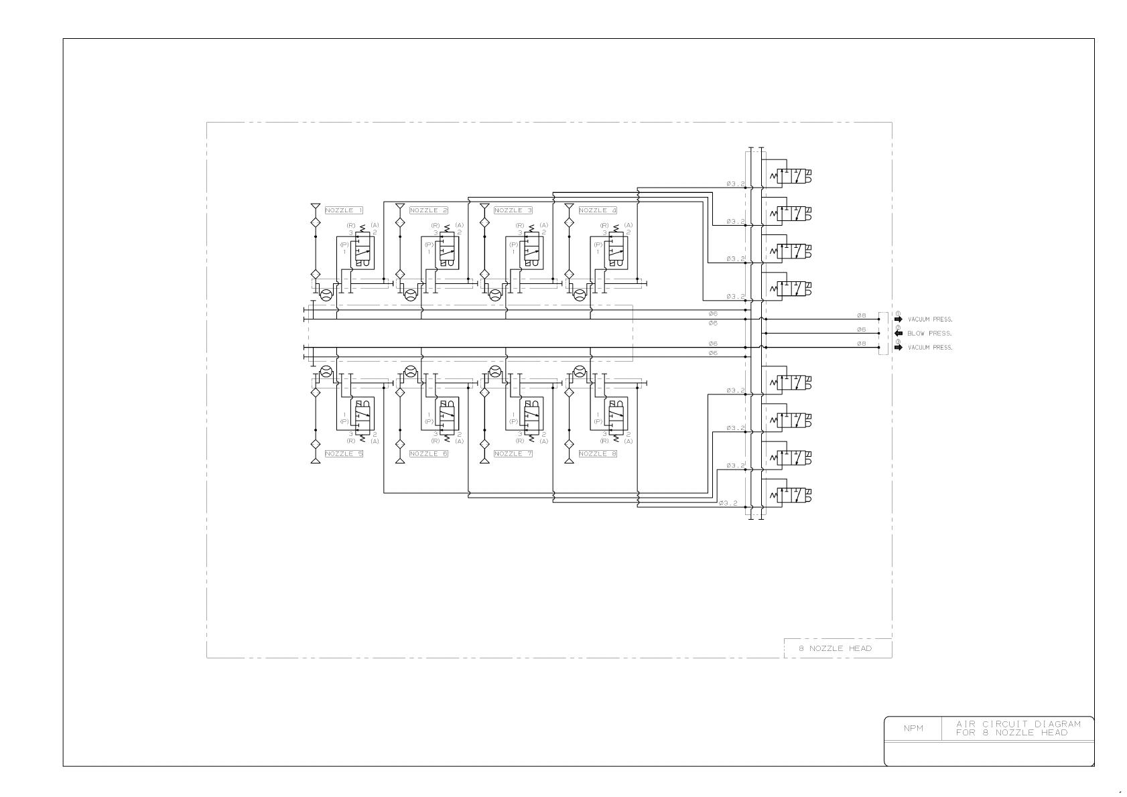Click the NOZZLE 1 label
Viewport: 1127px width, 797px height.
tap(344, 210)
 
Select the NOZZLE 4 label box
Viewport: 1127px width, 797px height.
tap(597, 210)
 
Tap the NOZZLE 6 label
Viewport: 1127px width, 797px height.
tap(428, 454)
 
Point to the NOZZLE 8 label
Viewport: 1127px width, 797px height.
tap(597, 454)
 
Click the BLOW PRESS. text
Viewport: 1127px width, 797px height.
tap(929, 334)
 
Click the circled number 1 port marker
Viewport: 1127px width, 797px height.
tap(897, 313)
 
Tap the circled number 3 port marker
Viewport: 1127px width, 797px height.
tap(897, 342)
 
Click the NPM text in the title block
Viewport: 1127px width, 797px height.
tap(913, 729)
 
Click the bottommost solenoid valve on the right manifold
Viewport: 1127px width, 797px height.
tap(791, 496)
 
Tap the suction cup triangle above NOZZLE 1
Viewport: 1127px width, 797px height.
tap(315, 206)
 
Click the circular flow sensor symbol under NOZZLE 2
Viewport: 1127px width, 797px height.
tap(411, 295)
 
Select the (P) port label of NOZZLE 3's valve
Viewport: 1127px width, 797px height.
tap(513, 244)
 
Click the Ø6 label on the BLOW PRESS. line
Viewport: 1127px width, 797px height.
tap(861, 330)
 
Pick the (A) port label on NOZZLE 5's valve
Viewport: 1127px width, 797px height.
tap(375, 441)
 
